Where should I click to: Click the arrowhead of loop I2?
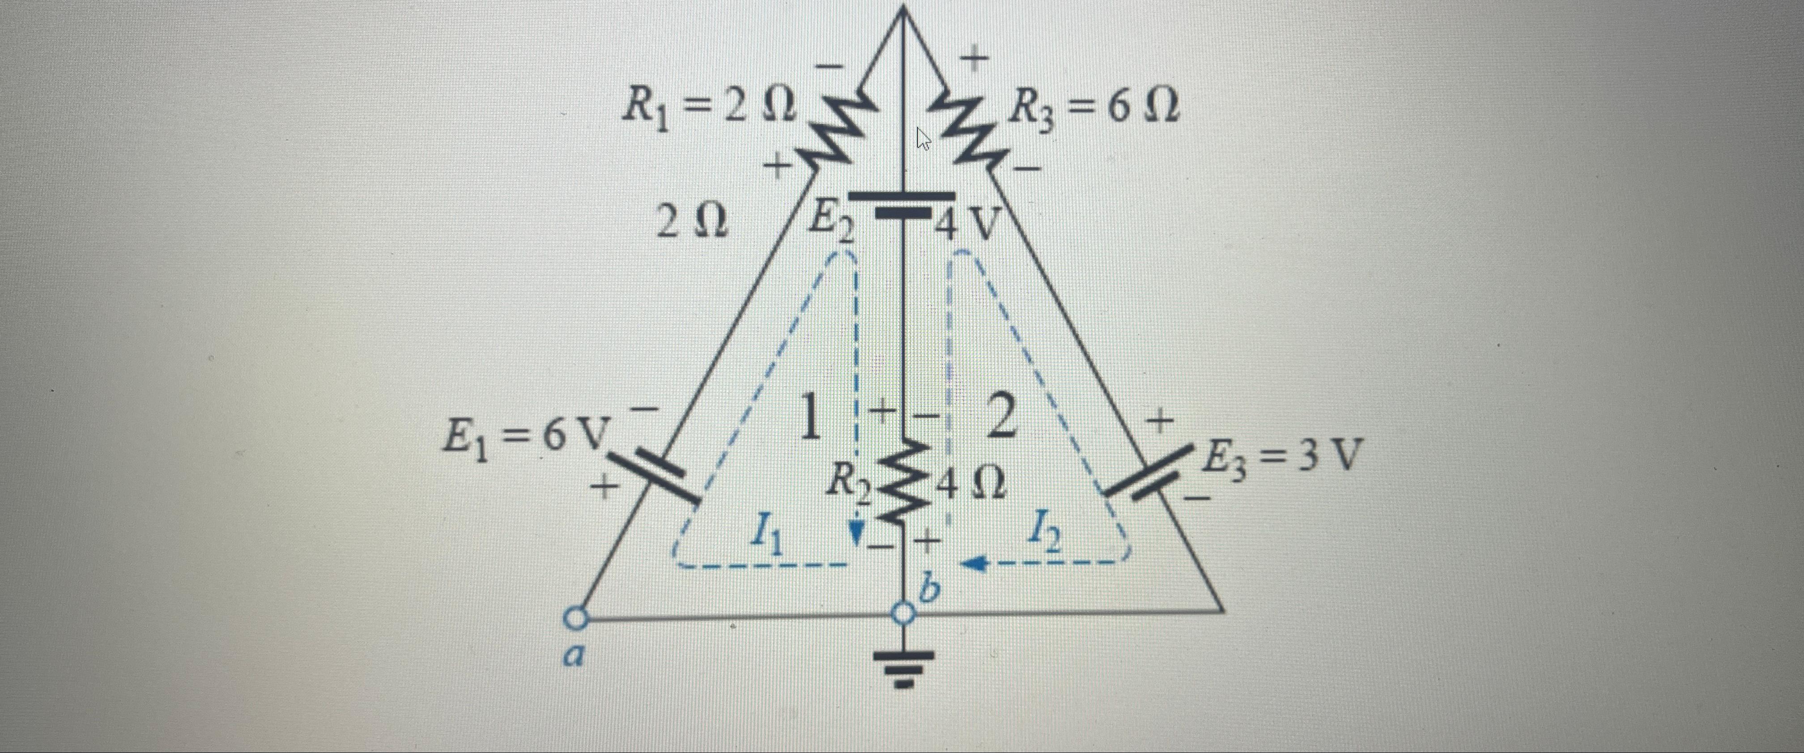click(x=975, y=562)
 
